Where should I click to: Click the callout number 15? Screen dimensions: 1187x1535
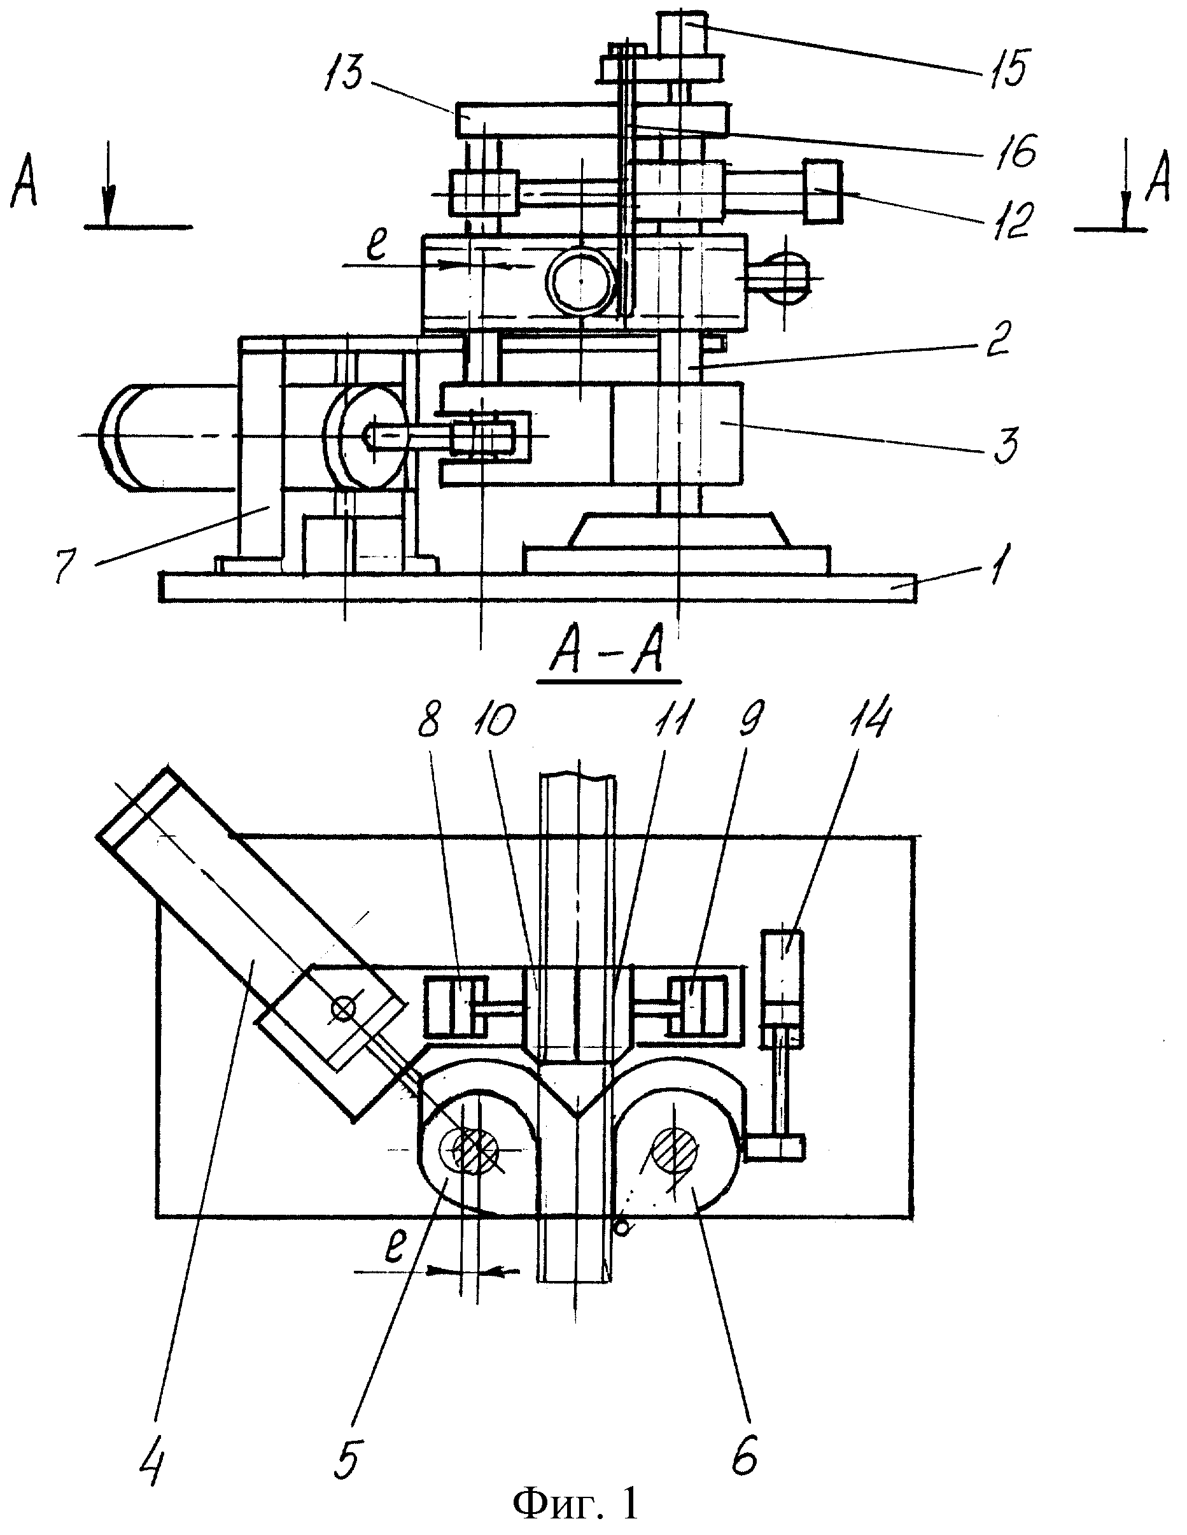1004,69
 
